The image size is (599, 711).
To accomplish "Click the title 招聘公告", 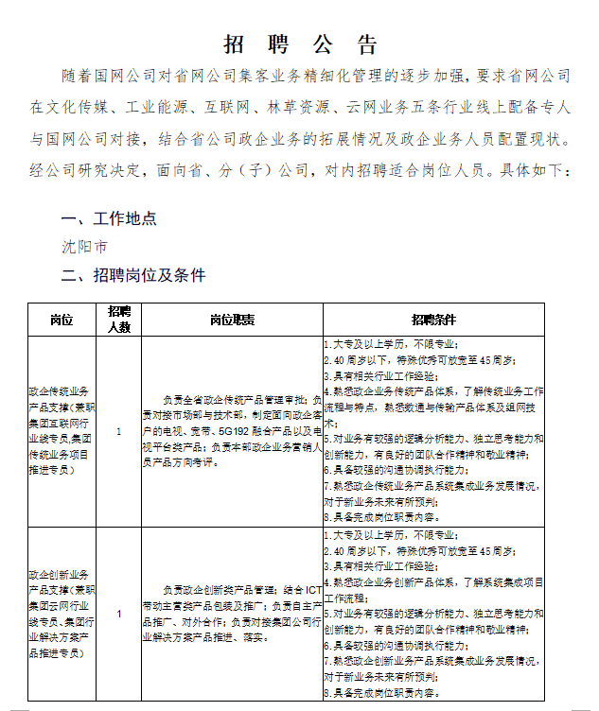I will tap(300, 44).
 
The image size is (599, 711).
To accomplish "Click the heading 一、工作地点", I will tap(109, 218).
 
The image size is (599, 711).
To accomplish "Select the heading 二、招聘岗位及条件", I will tap(133, 275).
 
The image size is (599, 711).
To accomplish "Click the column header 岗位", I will tap(62, 320).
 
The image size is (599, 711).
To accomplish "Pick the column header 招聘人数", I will tap(118, 320).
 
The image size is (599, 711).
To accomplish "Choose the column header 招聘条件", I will tap(433, 320).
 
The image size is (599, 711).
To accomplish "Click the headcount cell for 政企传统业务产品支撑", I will tap(118, 431).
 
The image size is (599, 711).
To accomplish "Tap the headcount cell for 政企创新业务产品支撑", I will tap(118, 615).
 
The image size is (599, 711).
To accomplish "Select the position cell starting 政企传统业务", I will tap(62, 431).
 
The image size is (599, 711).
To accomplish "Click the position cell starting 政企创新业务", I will tap(62, 615).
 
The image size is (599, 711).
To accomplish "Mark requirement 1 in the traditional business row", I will tap(391, 345).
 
